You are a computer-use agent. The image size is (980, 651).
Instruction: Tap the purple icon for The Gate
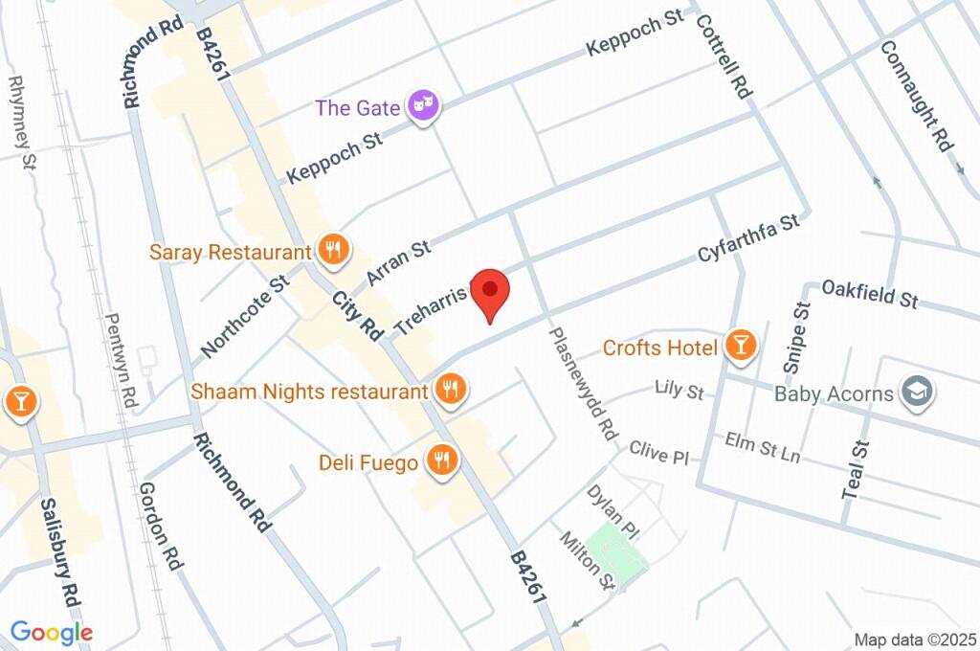[422, 107]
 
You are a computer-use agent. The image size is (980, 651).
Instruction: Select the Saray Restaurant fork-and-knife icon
[333, 252]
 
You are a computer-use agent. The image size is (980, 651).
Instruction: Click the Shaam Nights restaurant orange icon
[448, 390]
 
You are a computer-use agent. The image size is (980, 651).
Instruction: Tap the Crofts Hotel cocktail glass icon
[740, 347]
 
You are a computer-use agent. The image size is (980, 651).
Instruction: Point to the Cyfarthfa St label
[748, 240]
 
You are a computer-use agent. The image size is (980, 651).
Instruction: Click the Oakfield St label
[870, 293]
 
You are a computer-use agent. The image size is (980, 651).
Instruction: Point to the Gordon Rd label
[160, 526]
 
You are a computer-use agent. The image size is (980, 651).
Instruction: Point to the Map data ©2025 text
[915, 640]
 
